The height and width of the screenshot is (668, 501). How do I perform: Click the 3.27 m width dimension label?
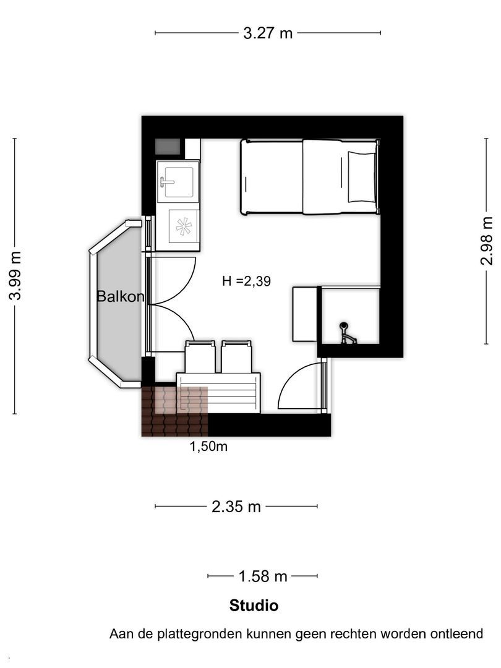point(268,33)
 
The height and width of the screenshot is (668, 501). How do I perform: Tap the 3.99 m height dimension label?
point(15,276)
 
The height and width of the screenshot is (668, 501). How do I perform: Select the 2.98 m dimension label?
point(487,241)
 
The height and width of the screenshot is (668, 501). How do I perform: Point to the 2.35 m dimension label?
point(236,507)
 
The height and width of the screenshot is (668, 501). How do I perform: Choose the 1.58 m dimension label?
point(262,576)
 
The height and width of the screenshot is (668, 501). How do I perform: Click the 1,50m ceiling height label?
point(208,447)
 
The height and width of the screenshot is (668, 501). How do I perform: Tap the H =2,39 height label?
point(246,281)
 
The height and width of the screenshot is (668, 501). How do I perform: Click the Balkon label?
point(121,296)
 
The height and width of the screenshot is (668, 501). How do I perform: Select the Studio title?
point(254,606)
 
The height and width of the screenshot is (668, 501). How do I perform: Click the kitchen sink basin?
point(179,182)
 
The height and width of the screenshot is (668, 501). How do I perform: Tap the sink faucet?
point(167,182)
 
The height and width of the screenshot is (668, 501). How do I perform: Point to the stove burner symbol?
point(184,226)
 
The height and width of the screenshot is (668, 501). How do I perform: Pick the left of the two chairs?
point(199,357)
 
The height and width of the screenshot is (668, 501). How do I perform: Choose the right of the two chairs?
point(236,357)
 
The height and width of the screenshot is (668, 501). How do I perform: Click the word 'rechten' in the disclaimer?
point(353,634)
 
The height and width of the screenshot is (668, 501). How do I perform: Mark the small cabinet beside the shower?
point(304,314)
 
